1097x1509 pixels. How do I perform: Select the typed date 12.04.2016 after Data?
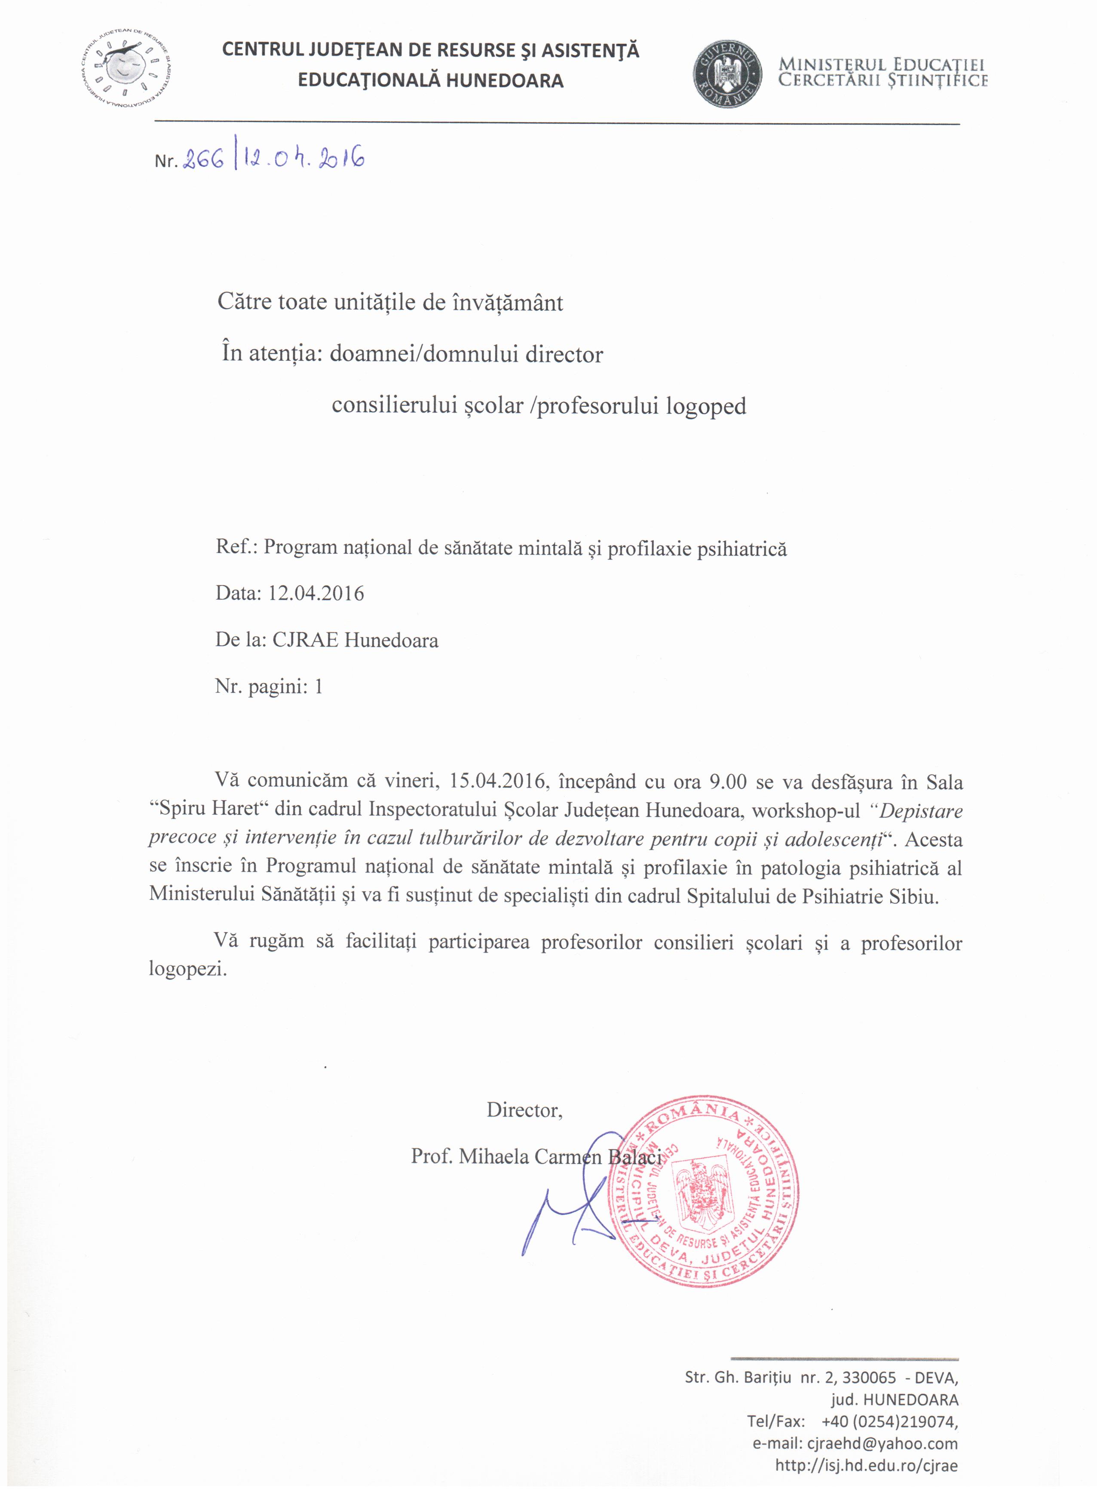point(316,593)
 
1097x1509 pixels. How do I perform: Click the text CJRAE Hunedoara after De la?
point(355,640)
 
